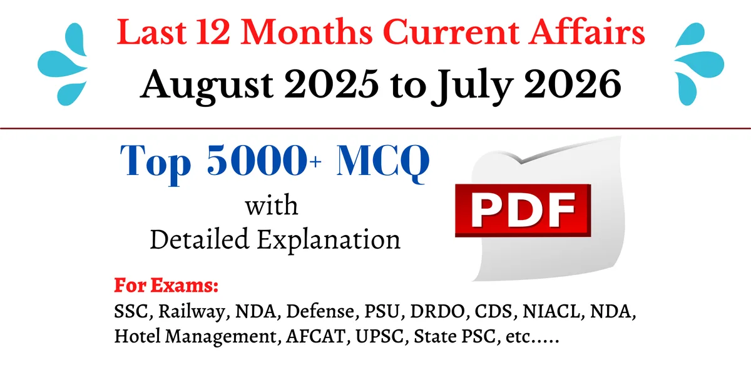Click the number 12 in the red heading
coord(213,32)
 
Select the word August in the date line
coord(207,86)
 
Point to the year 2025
coord(331,84)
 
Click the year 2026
coord(573,84)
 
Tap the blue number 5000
coord(257,160)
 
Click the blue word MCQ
coord(383,162)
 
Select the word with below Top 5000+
coord(271,206)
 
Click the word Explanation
coord(329,240)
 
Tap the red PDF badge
coord(523,211)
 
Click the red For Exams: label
coord(166,285)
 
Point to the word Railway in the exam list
coord(194,312)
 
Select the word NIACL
coord(551,311)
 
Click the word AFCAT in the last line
coord(316,336)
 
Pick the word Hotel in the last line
coord(137,336)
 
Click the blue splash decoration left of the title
coord(63,64)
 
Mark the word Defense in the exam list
coord(320,311)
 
